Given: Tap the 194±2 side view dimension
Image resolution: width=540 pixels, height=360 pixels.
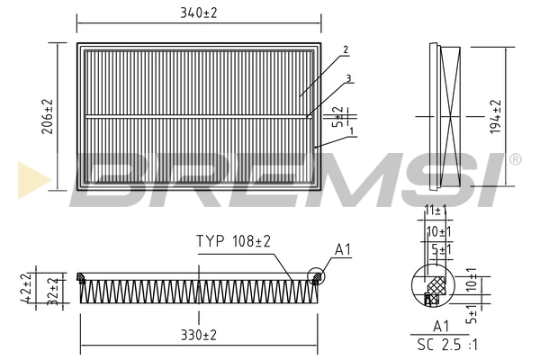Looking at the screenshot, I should (x=496, y=115).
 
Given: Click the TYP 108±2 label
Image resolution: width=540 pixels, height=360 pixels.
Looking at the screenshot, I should (x=234, y=242).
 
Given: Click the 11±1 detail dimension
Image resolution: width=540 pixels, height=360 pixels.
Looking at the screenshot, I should (x=435, y=210).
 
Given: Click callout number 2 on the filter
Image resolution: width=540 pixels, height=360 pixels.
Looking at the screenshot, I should (x=346, y=50).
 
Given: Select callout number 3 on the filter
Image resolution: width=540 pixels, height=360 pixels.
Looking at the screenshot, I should (x=347, y=78).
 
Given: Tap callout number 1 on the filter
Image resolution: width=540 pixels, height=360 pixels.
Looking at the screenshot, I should (x=350, y=131).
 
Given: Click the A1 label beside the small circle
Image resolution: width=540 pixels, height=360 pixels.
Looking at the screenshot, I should (x=343, y=248).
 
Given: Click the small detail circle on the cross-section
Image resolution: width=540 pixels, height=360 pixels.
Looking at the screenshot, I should (x=315, y=278).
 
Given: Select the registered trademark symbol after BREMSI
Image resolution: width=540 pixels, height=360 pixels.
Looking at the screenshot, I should (x=515, y=159).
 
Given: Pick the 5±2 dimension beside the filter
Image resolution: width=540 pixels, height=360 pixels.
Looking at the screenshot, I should (x=337, y=116).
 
